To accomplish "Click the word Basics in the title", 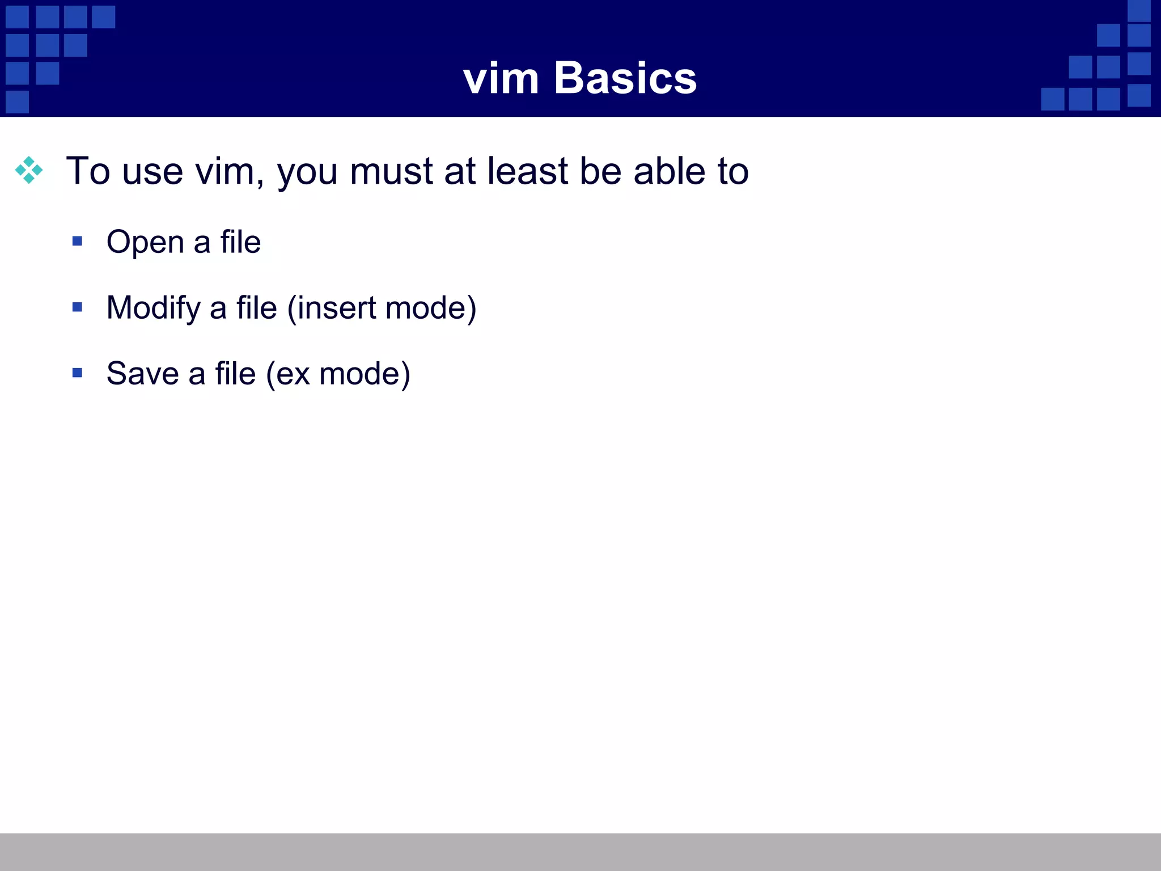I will (x=625, y=78).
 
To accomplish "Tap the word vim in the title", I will (x=501, y=79).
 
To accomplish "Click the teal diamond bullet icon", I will (x=29, y=170).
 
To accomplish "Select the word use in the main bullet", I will (x=152, y=171).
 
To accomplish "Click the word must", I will (x=391, y=171).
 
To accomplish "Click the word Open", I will (x=145, y=243).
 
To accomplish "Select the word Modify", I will (x=153, y=308).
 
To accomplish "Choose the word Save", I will (x=142, y=374).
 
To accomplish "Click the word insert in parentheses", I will (x=336, y=308).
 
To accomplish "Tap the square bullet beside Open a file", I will (x=78, y=242).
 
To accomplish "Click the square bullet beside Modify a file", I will (x=78, y=307).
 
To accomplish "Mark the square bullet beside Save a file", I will (x=78, y=373).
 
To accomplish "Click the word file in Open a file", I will (x=240, y=242).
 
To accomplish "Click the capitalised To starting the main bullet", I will (x=88, y=171).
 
